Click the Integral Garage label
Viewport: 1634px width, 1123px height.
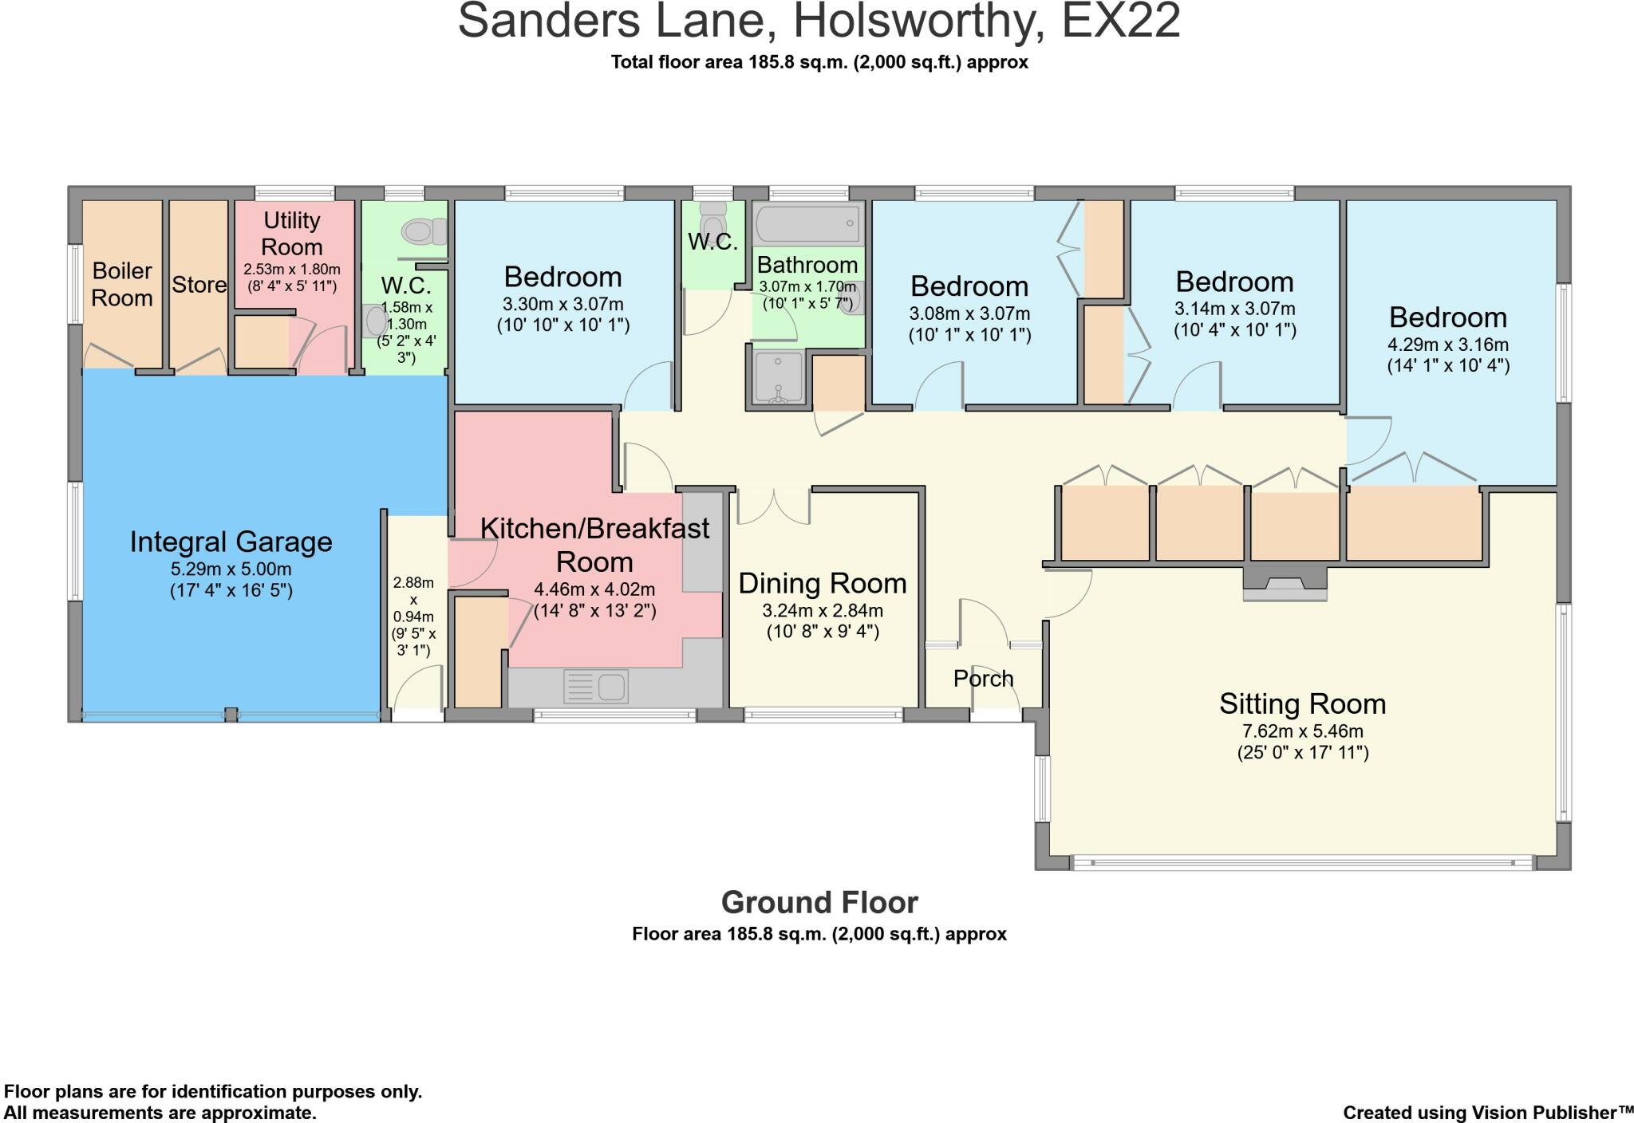click(231, 542)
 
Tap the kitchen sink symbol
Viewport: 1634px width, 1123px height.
click(596, 687)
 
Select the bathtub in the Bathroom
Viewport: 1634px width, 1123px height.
click(807, 223)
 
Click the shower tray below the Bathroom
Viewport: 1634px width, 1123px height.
click(777, 377)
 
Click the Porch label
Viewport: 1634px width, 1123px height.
click(983, 679)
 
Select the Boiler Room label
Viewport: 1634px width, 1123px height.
click(122, 284)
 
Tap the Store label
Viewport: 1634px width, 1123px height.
click(199, 285)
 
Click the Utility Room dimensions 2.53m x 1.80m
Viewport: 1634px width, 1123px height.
click(292, 270)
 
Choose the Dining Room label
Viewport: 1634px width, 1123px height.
click(823, 583)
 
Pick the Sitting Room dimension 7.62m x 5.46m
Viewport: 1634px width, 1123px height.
click(1302, 731)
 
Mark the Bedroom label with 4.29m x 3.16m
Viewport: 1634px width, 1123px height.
click(1447, 317)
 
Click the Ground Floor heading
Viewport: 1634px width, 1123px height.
click(819, 902)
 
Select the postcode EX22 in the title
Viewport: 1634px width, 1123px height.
click(1120, 22)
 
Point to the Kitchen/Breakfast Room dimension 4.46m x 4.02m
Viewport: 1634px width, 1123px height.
click(594, 589)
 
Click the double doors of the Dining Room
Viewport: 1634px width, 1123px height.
click(773, 507)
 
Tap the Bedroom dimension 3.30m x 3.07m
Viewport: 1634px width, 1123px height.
click(562, 304)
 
